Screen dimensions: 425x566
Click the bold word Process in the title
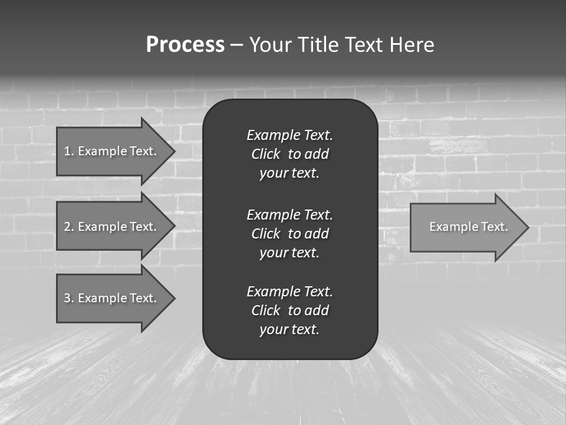click(185, 45)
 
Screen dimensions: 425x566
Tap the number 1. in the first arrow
click(69, 151)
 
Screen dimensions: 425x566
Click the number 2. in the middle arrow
click(69, 227)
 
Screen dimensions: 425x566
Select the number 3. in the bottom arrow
click(69, 298)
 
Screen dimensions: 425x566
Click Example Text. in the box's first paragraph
click(289, 135)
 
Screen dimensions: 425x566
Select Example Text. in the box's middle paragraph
click(289, 214)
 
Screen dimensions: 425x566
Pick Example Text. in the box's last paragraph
click(289, 292)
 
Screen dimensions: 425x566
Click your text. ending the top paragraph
click(289, 174)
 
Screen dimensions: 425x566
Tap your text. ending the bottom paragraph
click(289, 330)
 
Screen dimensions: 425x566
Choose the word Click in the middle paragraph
click(265, 234)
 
